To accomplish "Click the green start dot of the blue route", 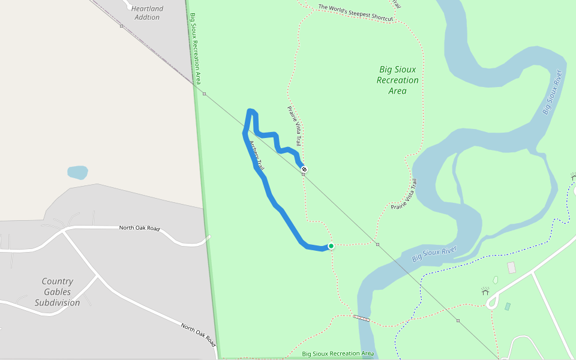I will (x=331, y=246).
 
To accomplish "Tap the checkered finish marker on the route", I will (x=304, y=169).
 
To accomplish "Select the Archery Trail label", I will (x=256, y=155).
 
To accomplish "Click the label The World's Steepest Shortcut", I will (x=355, y=13).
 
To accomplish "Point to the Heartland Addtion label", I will (x=147, y=13).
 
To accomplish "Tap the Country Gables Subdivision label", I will (x=57, y=292).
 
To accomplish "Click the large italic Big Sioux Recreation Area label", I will (x=398, y=80).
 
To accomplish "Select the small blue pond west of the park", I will (x=77, y=173).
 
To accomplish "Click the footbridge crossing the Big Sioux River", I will (x=361, y=317).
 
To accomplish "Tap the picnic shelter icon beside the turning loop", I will (x=485, y=291).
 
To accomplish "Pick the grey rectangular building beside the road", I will (x=511, y=268).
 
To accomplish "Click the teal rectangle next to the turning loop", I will (x=508, y=307).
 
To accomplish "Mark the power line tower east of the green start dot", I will (x=377, y=244).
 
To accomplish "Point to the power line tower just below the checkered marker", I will (x=304, y=175).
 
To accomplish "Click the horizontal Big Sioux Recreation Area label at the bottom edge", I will (x=338, y=354).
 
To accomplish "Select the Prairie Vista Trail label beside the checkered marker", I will (x=293, y=127).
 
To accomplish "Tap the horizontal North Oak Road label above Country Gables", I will (x=139, y=228).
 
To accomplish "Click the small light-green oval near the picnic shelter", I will (x=495, y=280).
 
